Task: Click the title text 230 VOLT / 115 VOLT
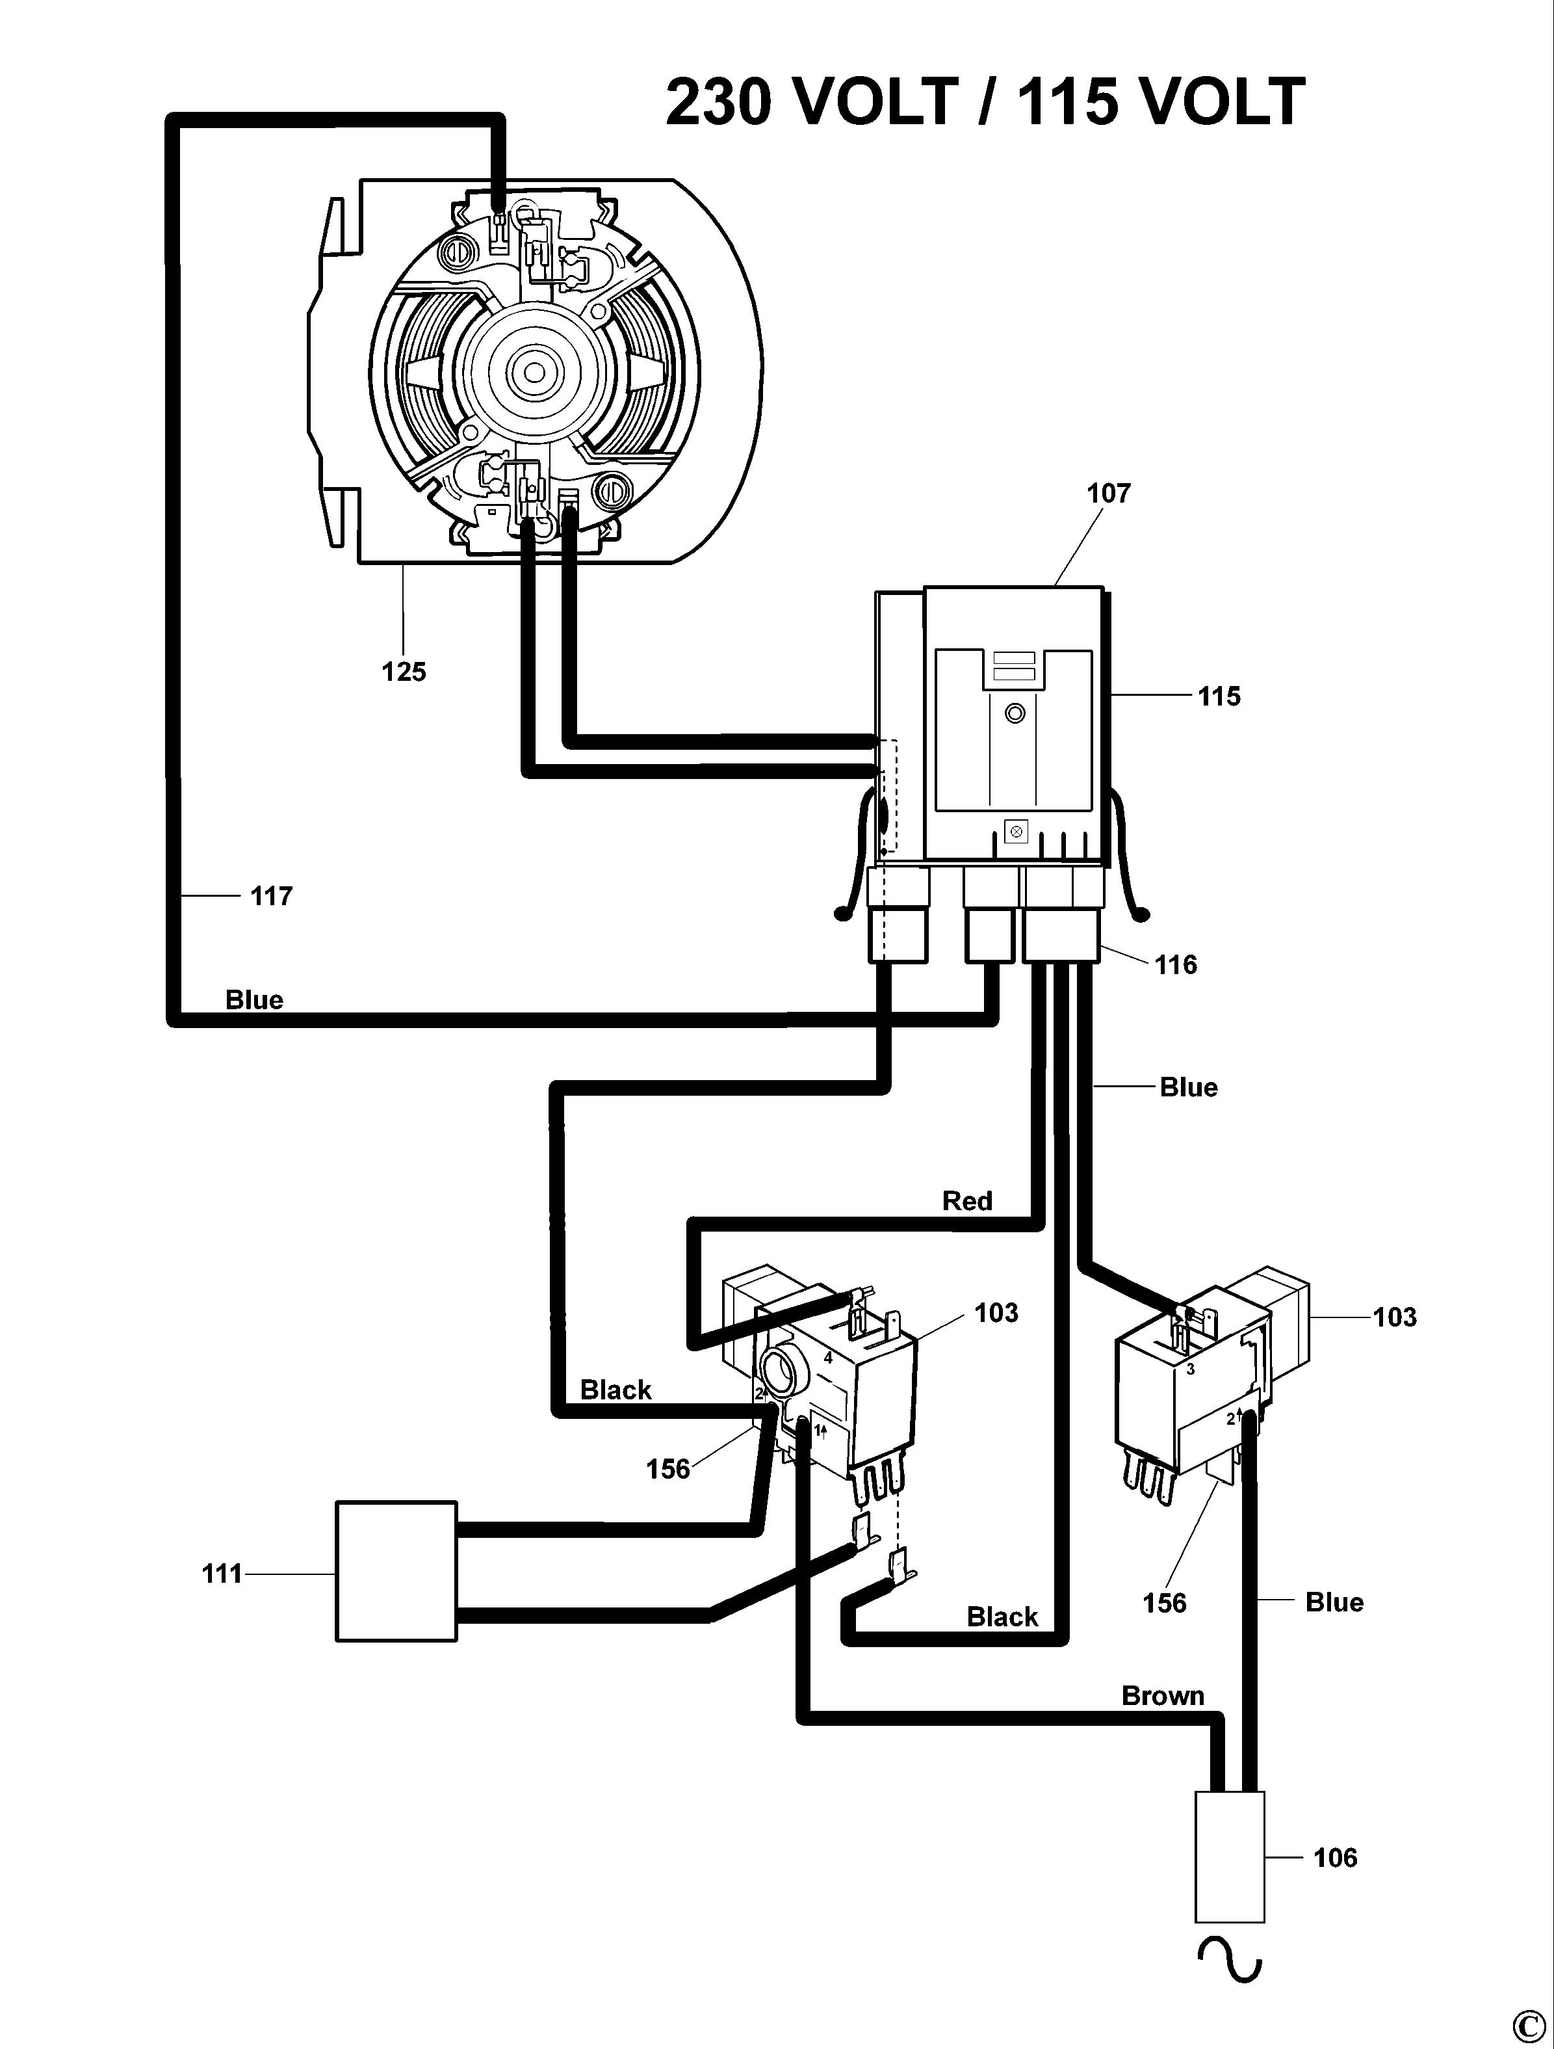tap(985, 102)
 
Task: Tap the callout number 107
tap(1109, 493)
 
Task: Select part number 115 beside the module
tap(1218, 696)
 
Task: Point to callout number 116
tap(1175, 965)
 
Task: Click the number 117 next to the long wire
tap(270, 895)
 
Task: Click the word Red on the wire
tap(967, 1200)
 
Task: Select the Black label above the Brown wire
tap(1002, 1617)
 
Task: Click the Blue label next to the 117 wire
tap(253, 999)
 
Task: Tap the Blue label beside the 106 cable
tap(1334, 1602)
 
